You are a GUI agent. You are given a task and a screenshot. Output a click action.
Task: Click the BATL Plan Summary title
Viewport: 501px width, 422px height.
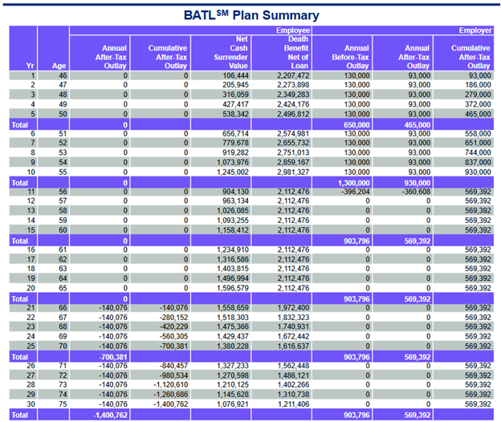(251, 15)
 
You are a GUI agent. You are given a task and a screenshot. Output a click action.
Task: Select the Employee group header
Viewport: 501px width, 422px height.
(293, 30)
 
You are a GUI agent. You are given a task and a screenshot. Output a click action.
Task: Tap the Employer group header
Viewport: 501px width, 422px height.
(475, 30)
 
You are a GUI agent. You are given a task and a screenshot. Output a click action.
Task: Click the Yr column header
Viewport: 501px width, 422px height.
(30, 66)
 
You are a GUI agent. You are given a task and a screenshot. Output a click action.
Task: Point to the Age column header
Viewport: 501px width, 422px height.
(59, 66)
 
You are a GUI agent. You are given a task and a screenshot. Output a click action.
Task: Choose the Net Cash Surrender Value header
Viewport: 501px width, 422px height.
(230, 53)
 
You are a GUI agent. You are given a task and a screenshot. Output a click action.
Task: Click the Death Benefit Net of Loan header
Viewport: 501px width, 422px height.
(296, 53)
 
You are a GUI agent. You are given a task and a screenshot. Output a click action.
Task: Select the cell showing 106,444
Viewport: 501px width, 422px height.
(235, 75)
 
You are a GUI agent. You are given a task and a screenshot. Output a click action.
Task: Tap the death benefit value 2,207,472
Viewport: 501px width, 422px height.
(293, 75)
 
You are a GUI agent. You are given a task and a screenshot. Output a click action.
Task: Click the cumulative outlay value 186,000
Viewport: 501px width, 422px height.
(478, 85)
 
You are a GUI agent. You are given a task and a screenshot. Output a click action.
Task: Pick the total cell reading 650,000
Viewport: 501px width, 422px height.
(356, 125)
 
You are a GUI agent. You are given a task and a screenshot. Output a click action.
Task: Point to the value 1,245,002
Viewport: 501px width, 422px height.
(232, 172)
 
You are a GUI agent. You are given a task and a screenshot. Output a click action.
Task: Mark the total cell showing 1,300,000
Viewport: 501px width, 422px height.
(354, 183)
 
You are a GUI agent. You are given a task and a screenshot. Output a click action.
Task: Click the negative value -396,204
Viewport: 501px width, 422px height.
(356, 192)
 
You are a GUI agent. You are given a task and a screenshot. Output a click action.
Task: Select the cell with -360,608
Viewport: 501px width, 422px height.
(416, 192)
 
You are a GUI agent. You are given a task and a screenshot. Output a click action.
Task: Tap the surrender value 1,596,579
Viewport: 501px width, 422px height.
(232, 288)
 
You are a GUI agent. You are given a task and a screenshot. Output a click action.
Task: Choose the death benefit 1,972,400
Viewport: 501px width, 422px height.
(293, 308)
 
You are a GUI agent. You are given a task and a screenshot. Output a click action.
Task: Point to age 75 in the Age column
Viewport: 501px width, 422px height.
(63, 404)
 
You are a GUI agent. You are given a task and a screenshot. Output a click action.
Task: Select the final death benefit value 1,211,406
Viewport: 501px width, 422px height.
(293, 404)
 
